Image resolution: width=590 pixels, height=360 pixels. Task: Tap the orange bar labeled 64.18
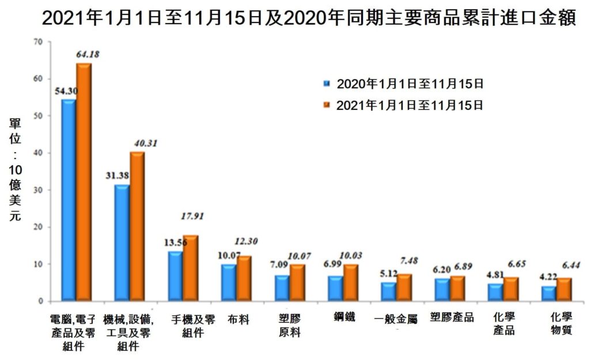(84, 182)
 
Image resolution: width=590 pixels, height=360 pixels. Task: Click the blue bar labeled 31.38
(122, 242)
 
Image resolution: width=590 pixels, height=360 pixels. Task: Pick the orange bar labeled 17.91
(190, 268)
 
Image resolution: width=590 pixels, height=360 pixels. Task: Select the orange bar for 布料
(244, 278)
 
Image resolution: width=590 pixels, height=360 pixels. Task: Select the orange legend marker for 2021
(327, 105)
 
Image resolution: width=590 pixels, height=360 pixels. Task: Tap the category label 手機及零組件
(193, 326)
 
